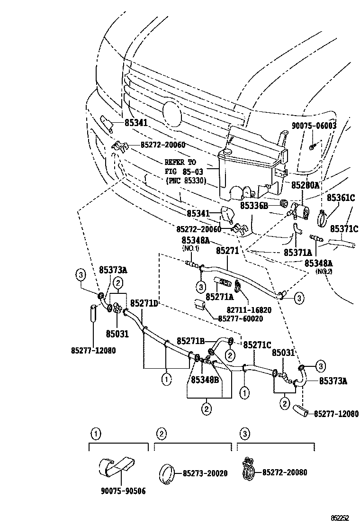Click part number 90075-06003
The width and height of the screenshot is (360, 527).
314,126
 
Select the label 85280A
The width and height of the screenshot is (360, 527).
305,185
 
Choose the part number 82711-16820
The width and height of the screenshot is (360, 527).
249,310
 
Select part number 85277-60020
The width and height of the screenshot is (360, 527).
241,318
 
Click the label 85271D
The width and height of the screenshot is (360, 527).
144,303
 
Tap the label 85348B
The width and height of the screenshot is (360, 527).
205,380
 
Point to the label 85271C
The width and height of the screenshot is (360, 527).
257,345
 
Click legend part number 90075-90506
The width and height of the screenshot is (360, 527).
123,491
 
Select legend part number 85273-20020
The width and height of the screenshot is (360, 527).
205,473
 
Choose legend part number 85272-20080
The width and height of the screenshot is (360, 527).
285,472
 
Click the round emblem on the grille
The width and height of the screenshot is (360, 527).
171,114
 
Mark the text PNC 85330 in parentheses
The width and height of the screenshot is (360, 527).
186,180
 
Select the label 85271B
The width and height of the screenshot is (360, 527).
191,341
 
